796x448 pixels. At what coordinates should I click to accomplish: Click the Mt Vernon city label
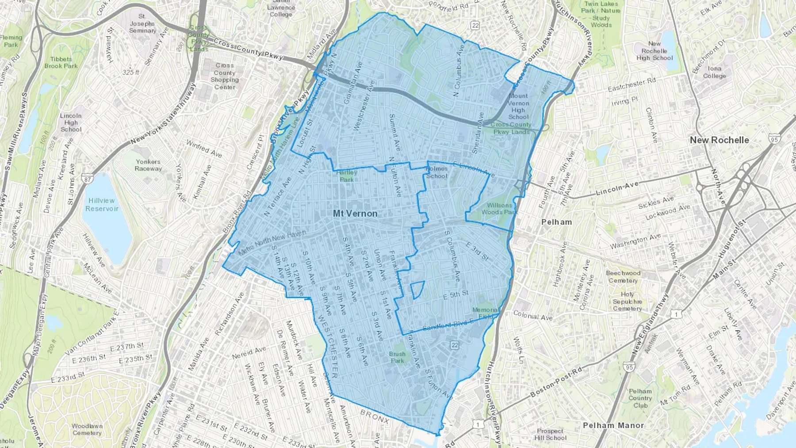(x=355, y=214)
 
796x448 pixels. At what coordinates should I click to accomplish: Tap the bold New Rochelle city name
(x=719, y=140)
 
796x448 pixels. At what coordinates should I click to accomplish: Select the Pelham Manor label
(x=613, y=425)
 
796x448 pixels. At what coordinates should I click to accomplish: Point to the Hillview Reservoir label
(x=101, y=204)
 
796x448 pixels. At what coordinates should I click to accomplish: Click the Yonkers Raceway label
(x=148, y=165)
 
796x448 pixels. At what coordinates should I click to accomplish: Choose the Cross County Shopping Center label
(x=225, y=76)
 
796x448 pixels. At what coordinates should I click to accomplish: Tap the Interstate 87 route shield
(x=88, y=180)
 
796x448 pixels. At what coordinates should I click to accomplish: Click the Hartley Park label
(x=347, y=176)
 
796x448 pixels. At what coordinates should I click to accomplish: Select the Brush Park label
(x=397, y=357)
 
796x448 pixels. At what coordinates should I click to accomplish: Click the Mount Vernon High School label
(x=518, y=106)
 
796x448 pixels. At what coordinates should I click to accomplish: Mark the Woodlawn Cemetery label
(x=87, y=429)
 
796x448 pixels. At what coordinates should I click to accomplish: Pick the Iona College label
(x=714, y=72)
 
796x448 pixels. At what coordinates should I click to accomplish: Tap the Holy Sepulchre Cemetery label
(x=627, y=301)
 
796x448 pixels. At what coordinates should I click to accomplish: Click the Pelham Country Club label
(x=640, y=398)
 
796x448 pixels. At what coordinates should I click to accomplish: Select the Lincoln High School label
(x=71, y=123)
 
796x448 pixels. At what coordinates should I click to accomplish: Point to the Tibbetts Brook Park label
(x=61, y=62)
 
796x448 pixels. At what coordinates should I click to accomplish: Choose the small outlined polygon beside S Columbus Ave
(x=417, y=290)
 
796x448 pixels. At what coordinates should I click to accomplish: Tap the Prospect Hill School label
(x=550, y=434)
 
